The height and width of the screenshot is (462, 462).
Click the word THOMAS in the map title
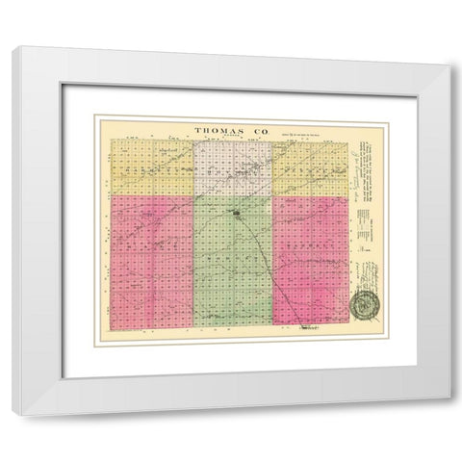(x=218, y=128)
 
